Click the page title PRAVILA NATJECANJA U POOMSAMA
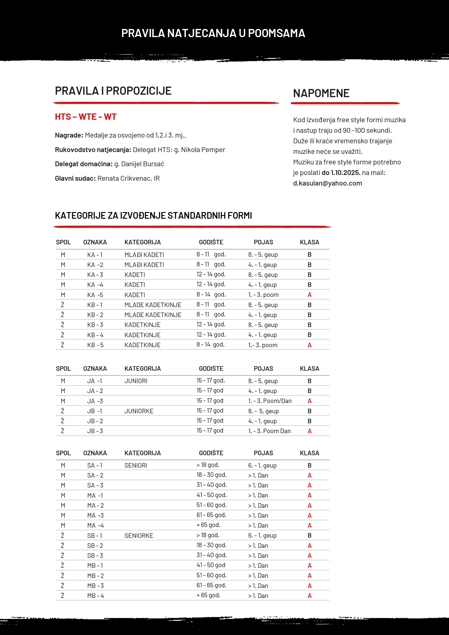pos(213,33)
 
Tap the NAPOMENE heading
pos(321,93)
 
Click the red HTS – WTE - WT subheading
pos(86,117)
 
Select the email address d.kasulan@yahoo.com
pos(327,183)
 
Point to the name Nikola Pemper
pos(203,150)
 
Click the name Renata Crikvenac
pos(124,178)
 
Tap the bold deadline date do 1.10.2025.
pos(341,173)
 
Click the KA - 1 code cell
pos(95,255)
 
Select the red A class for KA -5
pos(309,295)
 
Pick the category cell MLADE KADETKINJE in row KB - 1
pos(153,305)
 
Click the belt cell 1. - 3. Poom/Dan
pos(270,401)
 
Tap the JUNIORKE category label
pos(139,411)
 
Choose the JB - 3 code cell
pos(95,431)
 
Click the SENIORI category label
pos(136,465)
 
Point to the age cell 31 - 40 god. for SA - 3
pos(212,485)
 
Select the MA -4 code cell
pos(95,525)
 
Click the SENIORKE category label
pos(139,535)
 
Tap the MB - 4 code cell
pos(95,596)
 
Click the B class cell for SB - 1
pos(309,535)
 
